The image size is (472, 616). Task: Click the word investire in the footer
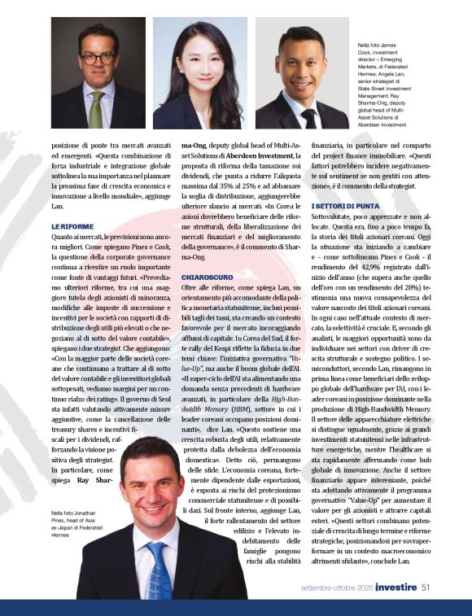tap(397, 586)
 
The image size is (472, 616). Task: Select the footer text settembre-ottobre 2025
tap(336, 586)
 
